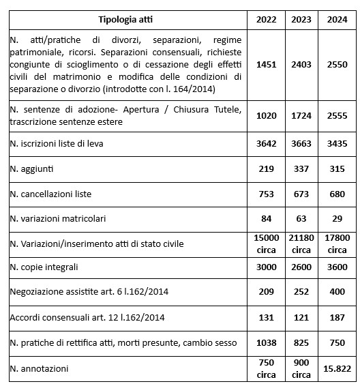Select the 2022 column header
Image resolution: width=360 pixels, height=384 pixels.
(x=267, y=18)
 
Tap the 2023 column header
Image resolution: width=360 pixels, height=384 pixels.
(x=302, y=18)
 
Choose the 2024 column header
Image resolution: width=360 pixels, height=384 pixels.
(x=337, y=18)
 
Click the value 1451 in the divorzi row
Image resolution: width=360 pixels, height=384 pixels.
(x=267, y=65)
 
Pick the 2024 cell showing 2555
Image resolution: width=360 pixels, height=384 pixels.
(x=337, y=116)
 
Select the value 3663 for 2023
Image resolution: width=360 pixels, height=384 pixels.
(x=302, y=144)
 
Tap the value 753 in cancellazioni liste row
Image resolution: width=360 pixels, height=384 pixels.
(x=267, y=194)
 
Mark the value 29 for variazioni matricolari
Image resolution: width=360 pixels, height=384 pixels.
(x=337, y=218)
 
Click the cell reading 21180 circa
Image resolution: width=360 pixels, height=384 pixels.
(x=302, y=243)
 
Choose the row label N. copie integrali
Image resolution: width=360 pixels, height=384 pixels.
(x=44, y=267)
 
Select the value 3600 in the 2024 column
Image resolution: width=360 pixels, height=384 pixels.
(x=337, y=267)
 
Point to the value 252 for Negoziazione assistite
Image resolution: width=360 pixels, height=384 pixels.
(x=302, y=292)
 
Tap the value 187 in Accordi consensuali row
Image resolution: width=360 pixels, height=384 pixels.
(x=337, y=317)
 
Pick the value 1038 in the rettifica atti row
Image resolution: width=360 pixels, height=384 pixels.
(x=267, y=342)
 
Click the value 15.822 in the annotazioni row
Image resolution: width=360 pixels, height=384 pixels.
(x=337, y=368)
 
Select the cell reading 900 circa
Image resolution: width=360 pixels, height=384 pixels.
(x=302, y=368)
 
